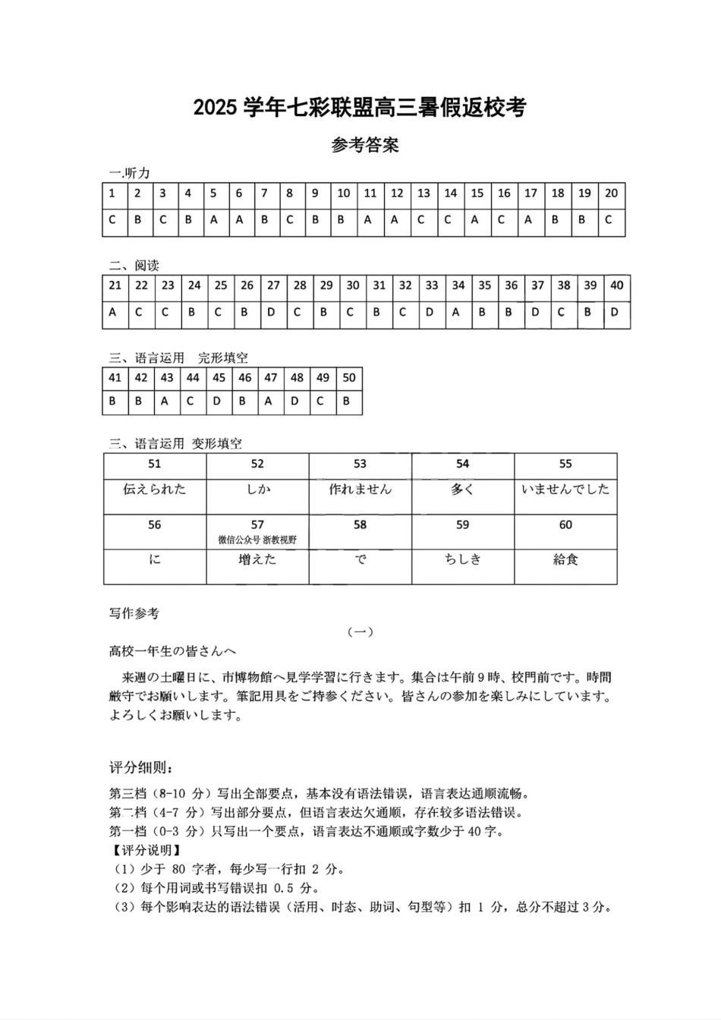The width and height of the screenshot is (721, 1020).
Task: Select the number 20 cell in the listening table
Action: tap(611, 194)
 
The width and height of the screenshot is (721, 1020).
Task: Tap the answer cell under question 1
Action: tap(112, 221)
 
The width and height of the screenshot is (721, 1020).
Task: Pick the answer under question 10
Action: tap(342, 221)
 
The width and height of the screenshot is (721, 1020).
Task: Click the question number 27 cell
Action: tap(273, 285)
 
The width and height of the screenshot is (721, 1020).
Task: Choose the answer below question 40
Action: tap(616, 312)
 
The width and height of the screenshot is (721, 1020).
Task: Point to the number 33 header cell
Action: tap(431, 285)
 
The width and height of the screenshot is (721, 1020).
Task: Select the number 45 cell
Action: tap(219, 378)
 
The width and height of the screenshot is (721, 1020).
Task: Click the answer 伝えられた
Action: tap(154, 490)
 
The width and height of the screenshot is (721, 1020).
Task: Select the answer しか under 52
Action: tap(257, 490)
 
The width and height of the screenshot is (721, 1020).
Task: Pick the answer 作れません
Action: tap(360, 490)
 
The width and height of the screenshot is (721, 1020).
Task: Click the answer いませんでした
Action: tap(565, 490)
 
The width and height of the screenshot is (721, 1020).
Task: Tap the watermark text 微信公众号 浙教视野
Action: tap(257, 540)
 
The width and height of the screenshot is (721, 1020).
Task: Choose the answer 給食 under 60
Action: tap(565, 560)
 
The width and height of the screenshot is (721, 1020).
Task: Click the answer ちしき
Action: tap(462, 560)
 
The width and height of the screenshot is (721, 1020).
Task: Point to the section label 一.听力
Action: tap(130, 173)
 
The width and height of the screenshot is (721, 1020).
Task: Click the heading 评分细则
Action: tap(135, 768)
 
